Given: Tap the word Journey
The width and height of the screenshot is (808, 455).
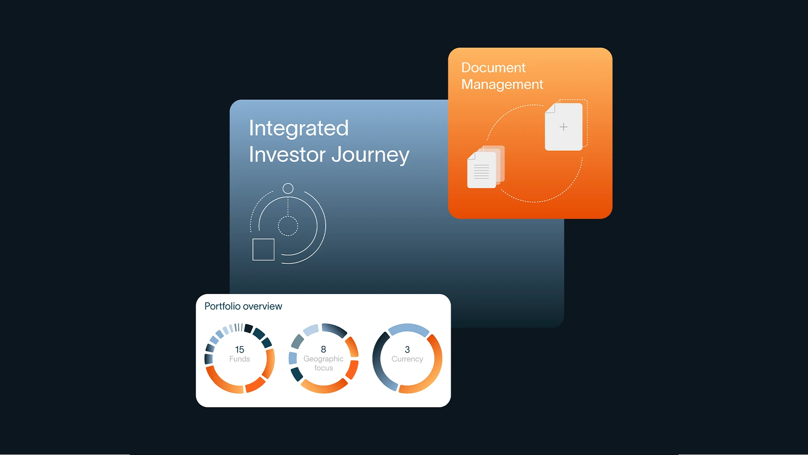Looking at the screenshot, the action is [x=370, y=155].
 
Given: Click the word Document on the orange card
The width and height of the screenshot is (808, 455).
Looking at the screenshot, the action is [x=493, y=67].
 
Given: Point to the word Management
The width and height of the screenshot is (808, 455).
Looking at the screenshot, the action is [x=502, y=85].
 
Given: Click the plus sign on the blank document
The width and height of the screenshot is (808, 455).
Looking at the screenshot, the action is [x=563, y=127].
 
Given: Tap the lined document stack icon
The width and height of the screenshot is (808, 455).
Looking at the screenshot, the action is [x=486, y=167].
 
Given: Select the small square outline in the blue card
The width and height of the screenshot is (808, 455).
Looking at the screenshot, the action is [x=263, y=249].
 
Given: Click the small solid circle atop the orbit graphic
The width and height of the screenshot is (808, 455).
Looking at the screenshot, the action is [x=288, y=188].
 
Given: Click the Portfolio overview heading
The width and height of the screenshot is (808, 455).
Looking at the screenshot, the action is [x=243, y=306].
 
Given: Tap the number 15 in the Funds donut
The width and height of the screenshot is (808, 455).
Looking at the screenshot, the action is [x=239, y=350].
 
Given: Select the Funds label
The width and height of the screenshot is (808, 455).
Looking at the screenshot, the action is [x=239, y=359].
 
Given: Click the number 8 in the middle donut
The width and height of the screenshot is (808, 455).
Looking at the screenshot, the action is [x=323, y=349].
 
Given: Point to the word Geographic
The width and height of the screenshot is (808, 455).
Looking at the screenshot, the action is [x=323, y=359].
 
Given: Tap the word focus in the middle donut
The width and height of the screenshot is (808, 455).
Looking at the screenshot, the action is [x=323, y=368].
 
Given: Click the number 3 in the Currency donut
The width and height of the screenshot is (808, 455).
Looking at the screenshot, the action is [x=407, y=350].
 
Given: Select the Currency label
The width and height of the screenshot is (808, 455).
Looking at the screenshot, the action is [x=407, y=359].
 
